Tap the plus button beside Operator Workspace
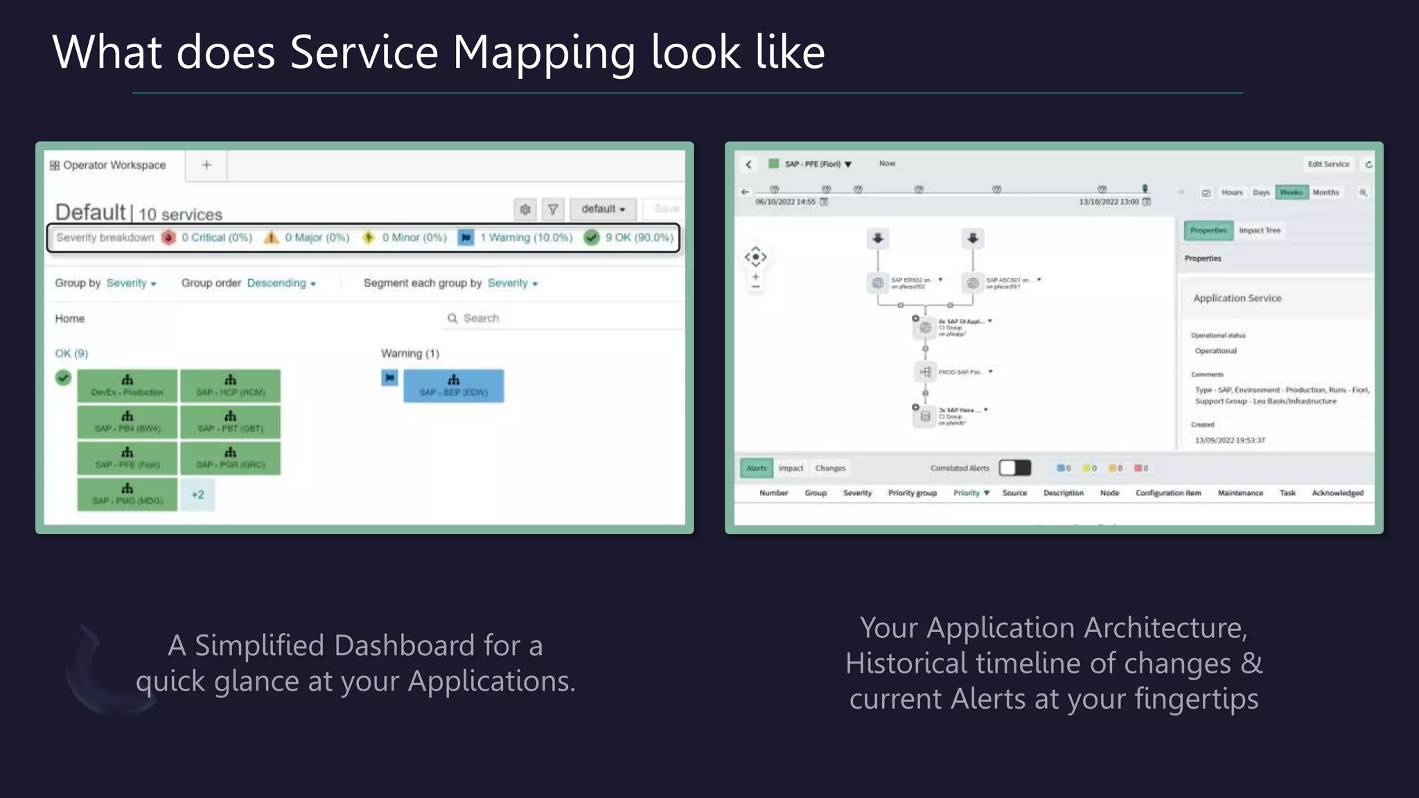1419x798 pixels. (x=206, y=166)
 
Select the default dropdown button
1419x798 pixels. (x=603, y=209)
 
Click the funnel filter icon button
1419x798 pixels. (x=553, y=209)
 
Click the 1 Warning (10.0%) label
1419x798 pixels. (x=526, y=238)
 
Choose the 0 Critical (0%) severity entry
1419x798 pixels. (x=216, y=238)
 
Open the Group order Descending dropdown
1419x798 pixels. (x=281, y=283)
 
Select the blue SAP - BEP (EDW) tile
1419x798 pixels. (x=454, y=386)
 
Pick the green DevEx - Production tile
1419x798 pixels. (x=127, y=386)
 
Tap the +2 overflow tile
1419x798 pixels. (x=197, y=495)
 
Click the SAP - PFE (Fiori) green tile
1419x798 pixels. (x=127, y=459)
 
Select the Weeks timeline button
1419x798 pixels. (x=1291, y=193)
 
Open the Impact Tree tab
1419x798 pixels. (x=1260, y=231)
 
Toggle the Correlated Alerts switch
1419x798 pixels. (x=1014, y=468)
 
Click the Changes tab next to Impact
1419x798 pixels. (x=830, y=468)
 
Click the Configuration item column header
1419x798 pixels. (x=1168, y=493)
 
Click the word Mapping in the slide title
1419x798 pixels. (x=543, y=53)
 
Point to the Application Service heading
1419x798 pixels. (x=1237, y=299)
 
